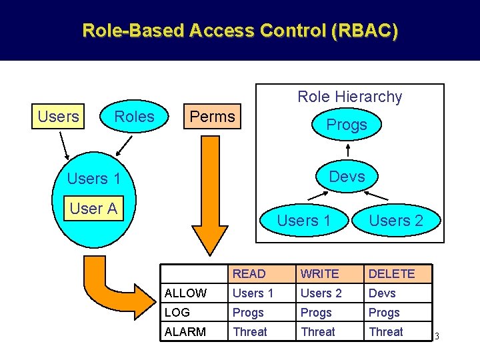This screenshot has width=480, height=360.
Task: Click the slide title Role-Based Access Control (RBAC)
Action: (240, 30)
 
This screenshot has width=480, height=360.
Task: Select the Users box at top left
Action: (58, 117)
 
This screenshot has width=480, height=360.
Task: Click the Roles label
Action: (134, 117)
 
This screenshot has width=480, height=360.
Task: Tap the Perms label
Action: (212, 117)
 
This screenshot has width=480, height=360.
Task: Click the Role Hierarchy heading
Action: (349, 97)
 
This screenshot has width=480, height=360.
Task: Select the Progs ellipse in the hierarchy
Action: (346, 125)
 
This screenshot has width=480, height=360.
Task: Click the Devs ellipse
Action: (347, 176)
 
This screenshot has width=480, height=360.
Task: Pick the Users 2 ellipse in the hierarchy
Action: (396, 221)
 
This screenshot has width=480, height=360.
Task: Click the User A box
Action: (93, 209)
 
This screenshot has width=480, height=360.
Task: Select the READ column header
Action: (249, 274)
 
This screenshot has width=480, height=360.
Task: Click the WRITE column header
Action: (319, 274)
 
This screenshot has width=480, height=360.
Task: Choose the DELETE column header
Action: (391, 274)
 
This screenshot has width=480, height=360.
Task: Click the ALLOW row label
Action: (185, 293)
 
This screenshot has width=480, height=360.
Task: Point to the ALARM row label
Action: (186, 331)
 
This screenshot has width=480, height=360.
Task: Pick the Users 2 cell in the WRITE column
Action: (321, 293)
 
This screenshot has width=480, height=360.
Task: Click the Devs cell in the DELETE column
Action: (382, 293)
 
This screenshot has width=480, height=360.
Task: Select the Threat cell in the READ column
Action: (249, 331)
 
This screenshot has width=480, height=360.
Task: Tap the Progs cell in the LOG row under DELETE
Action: (384, 313)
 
